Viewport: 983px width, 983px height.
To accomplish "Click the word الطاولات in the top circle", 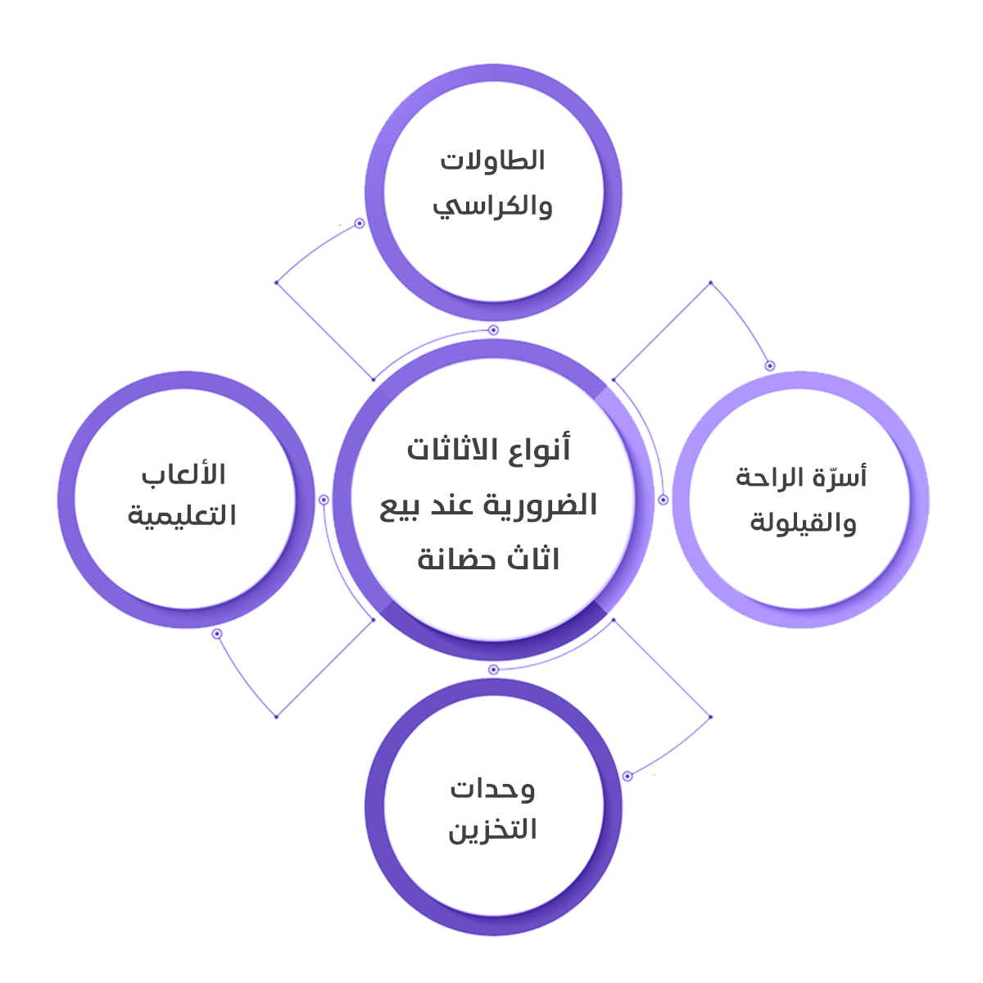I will [492, 161].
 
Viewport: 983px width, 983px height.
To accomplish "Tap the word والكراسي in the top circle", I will [492, 205].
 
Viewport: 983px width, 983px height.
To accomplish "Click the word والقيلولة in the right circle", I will [803, 523].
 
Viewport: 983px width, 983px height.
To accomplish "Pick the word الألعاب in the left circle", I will [183, 475].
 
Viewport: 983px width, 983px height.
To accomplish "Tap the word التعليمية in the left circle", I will [182, 516].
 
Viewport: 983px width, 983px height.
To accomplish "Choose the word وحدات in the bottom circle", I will [491, 790].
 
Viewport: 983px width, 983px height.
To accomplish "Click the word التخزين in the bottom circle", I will [492, 831].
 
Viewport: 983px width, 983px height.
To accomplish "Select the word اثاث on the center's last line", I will [533, 559].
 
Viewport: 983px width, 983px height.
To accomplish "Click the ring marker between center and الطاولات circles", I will [493, 330].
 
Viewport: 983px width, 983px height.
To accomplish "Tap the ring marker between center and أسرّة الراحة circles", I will [663, 500].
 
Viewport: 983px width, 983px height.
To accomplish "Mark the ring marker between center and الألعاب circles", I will [324, 500].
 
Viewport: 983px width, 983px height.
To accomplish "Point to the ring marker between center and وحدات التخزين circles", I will [493, 670].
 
